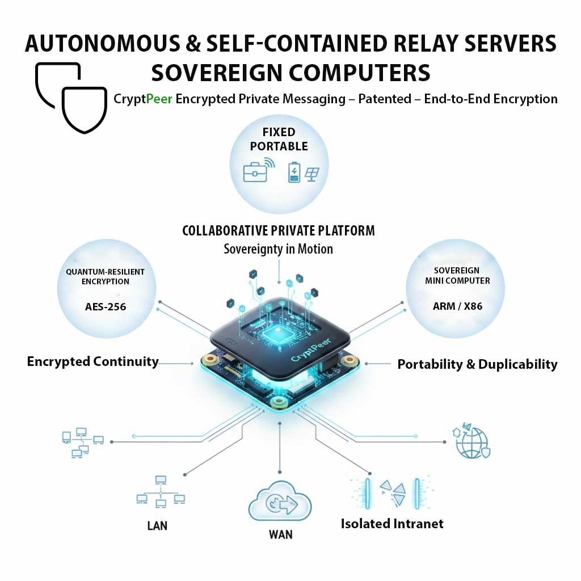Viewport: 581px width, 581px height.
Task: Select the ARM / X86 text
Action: tap(457, 307)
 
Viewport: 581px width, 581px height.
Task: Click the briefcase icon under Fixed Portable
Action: tap(255, 171)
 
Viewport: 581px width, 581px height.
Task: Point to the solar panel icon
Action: tap(311, 172)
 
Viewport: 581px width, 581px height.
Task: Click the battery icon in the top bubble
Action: tap(294, 171)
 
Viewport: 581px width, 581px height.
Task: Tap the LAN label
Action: tap(157, 525)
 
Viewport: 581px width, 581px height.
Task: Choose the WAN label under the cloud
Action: tap(280, 534)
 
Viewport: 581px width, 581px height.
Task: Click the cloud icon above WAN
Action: tap(280, 503)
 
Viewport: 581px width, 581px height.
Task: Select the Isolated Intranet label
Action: tap(392, 523)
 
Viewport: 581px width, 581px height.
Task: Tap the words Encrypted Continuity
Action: tap(92, 361)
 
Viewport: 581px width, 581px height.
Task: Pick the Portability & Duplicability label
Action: tap(477, 364)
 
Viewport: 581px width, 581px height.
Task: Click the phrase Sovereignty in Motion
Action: tap(278, 249)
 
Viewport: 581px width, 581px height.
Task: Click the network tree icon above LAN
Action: tap(161, 491)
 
